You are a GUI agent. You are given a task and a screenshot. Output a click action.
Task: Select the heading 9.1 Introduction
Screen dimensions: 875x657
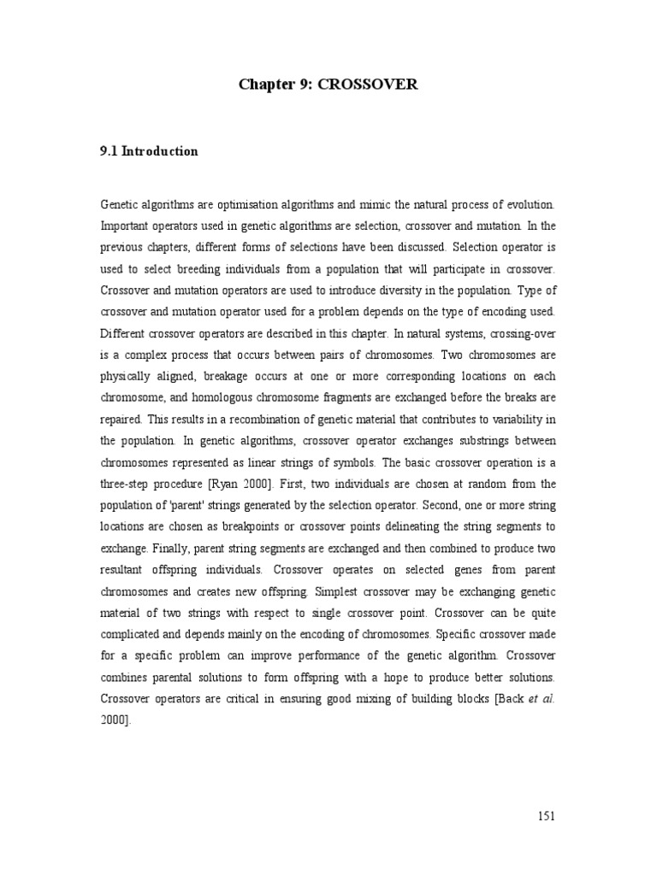pos(150,151)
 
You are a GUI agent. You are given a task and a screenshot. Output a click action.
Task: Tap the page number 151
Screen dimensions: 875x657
pos(547,815)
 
